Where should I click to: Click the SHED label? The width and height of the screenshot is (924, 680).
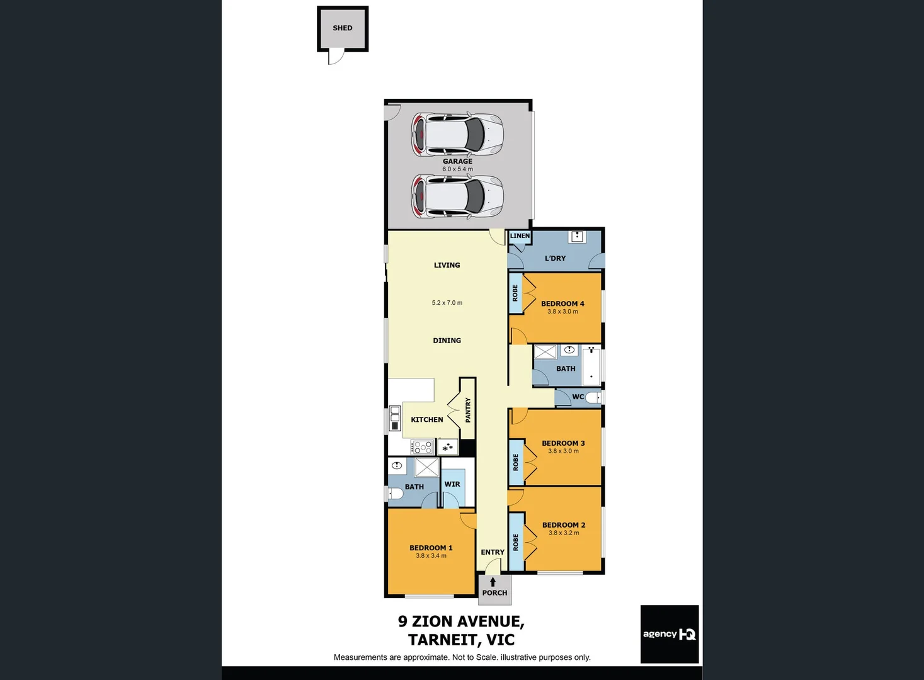[x=342, y=28]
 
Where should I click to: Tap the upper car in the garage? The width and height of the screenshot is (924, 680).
[x=457, y=134]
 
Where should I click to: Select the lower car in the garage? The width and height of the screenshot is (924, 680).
[x=457, y=196]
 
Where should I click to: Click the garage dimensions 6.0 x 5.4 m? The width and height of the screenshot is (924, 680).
[x=457, y=169]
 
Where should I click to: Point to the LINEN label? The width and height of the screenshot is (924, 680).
[x=520, y=236]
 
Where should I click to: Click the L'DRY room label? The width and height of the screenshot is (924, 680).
[x=555, y=258]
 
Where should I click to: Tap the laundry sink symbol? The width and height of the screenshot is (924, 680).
[x=577, y=237]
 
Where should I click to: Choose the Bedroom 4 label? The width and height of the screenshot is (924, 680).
[x=562, y=303]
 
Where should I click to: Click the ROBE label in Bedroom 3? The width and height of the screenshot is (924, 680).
[x=516, y=463]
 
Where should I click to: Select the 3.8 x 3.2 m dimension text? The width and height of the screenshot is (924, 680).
[x=564, y=533]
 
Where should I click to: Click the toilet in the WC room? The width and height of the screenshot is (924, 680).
[x=594, y=397]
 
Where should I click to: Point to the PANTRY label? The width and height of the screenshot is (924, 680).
[x=468, y=410]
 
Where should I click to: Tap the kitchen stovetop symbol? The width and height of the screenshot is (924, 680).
[x=422, y=448]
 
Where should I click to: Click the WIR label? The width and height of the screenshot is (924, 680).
[x=452, y=484]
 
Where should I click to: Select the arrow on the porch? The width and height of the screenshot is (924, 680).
[x=493, y=582]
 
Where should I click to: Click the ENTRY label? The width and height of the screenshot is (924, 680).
[x=493, y=552]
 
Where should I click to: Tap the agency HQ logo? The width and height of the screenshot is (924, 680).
[x=670, y=634]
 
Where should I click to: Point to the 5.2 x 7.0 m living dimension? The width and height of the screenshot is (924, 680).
[x=447, y=303]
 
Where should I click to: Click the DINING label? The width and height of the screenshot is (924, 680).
[x=447, y=341]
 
